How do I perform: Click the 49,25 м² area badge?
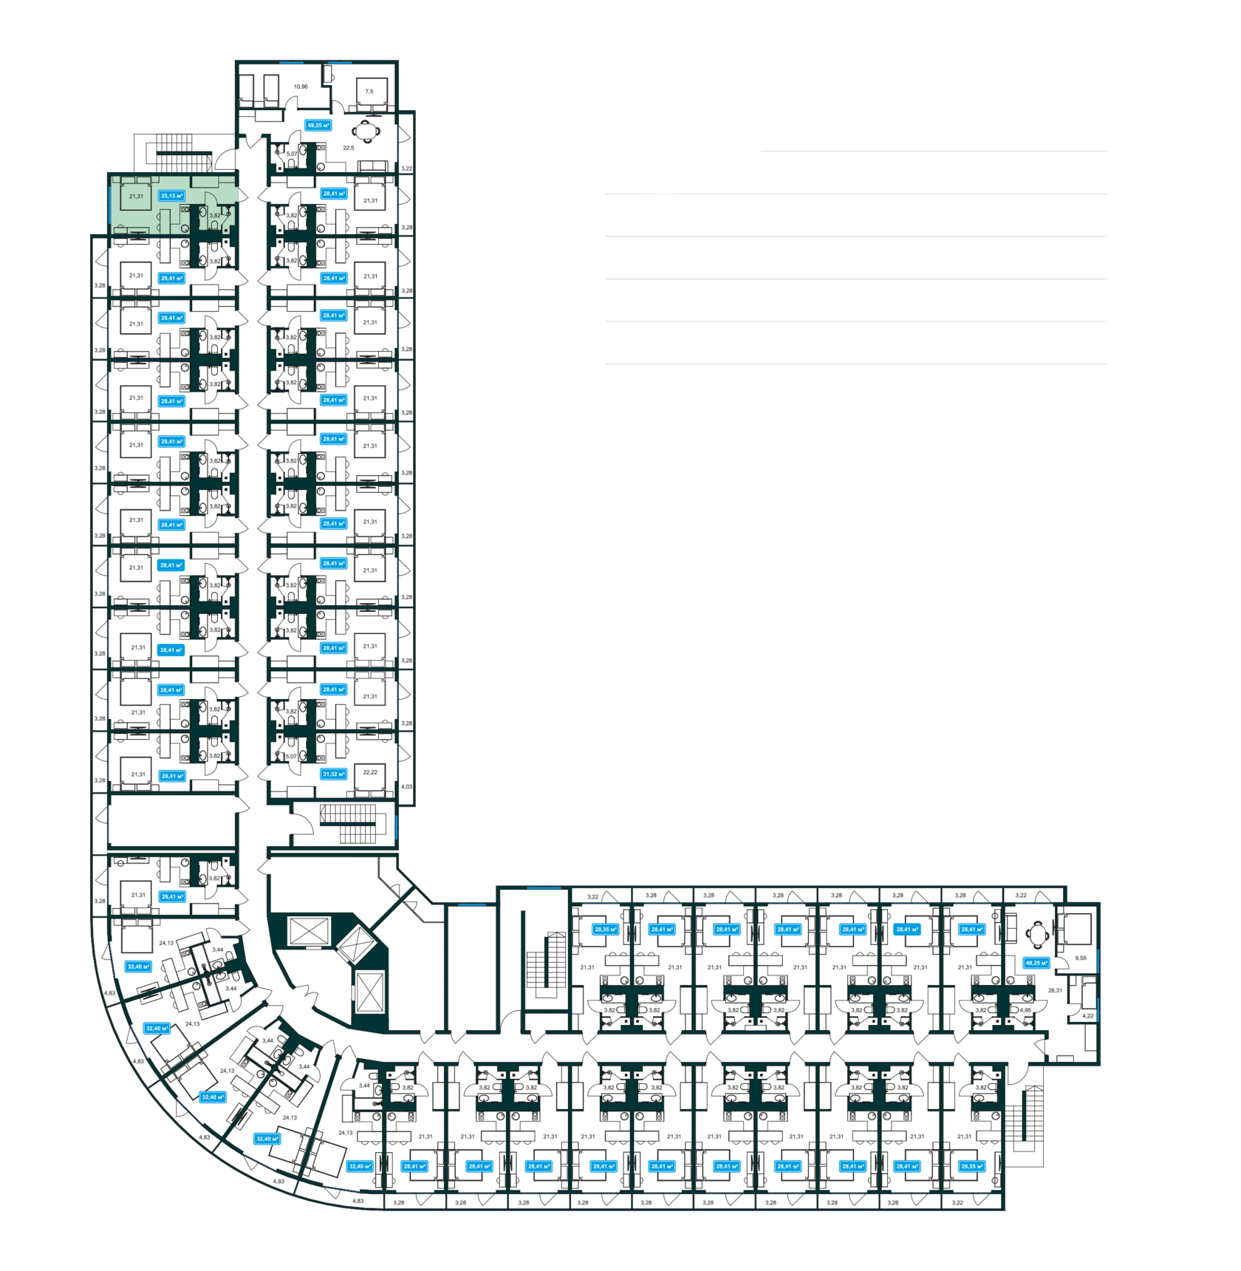[318, 126]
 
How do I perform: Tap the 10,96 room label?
[301, 86]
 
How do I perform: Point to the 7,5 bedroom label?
[369, 92]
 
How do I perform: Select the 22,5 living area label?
[348, 148]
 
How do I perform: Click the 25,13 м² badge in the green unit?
[171, 196]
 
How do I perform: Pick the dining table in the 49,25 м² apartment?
[366, 132]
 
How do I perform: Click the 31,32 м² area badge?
[334, 774]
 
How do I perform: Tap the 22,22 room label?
[370, 772]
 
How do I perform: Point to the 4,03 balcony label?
[407, 787]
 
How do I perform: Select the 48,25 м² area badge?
[1036, 963]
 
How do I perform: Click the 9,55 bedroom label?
[1081, 958]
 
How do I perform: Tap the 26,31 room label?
[1055, 990]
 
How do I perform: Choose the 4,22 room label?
[1087, 1016]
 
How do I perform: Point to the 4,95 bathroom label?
[1025, 1009]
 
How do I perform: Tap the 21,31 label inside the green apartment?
[136, 196]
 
